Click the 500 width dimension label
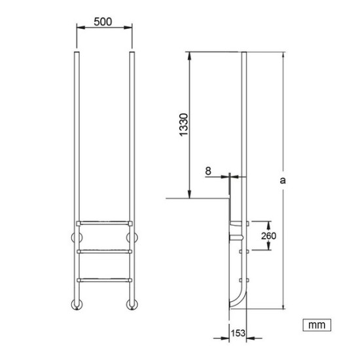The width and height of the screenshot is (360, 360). click(103, 22)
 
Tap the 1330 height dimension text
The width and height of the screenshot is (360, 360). click(184, 124)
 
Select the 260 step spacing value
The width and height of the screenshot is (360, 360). click(268, 236)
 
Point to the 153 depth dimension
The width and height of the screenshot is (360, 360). click(238, 333)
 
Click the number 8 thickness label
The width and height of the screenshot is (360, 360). click(208, 171)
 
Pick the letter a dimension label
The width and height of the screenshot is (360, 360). click(283, 180)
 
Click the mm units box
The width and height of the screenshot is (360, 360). click(317, 325)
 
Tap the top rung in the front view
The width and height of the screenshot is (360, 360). click(105, 223)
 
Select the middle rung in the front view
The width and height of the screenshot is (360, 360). click(105, 251)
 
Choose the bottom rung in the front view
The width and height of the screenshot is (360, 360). click(105, 280)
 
